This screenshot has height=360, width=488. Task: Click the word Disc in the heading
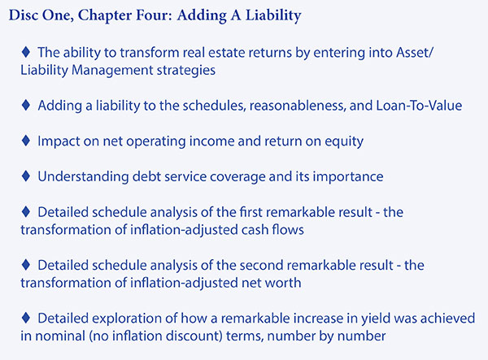pyautogui.click(x=23, y=15)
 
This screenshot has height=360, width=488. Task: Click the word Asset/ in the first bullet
pyautogui.click(x=414, y=53)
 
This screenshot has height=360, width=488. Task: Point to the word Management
pyautogui.click(x=112, y=70)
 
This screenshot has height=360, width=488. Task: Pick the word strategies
pyautogui.click(x=185, y=70)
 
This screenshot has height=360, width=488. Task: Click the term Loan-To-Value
pyautogui.click(x=419, y=106)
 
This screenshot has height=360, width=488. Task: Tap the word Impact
pyautogui.click(x=59, y=141)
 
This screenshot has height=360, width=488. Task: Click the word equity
pyautogui.click(x=344, y=141)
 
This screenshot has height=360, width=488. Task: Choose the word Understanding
pyautogui.click(x=83, y=177)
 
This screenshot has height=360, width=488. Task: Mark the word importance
pyautogui.click(x=348, y=177)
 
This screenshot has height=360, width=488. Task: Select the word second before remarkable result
pyautogui.click(x=262, y=266)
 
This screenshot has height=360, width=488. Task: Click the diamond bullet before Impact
pyautogui.click(x=26, y=141)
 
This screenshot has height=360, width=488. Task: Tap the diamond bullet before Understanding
pyautogui.click(x=26, y=176)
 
